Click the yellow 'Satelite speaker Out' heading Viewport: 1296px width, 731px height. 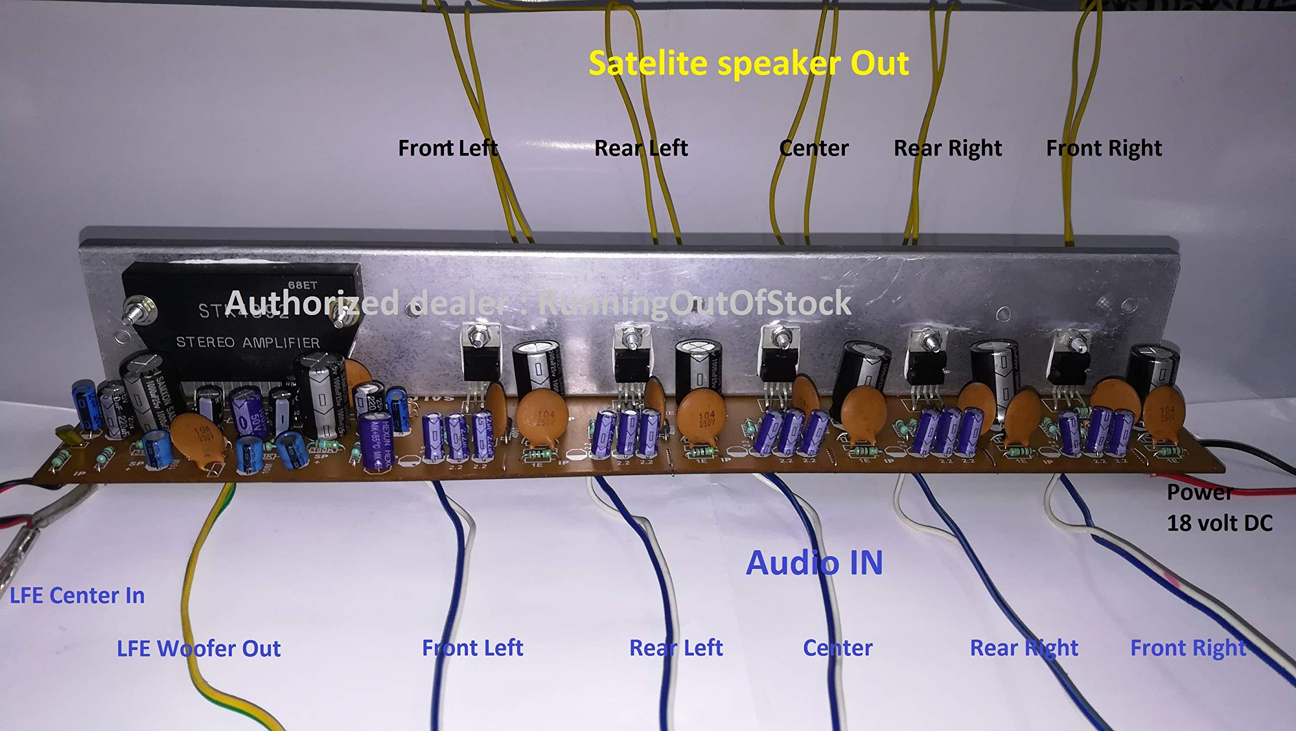pyautogui.click(x=749, y=64)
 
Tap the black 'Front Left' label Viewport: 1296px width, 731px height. pyautogui.click(x=448, y=148)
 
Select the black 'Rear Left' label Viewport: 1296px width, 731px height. pyautogui.click(x=640, y=148)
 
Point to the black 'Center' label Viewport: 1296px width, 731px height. pyautogui.click(x=814, y=148)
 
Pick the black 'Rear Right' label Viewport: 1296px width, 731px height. pyautogui.click(x=947, y=148)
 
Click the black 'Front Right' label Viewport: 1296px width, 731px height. pyautogui.click(x=1104, y=148)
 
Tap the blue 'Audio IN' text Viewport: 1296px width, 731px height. pyautogui.click(x=814, y=563)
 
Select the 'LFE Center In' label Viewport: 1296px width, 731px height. pyautogui.click(x=77, y=596)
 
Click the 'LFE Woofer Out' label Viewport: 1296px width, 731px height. pyautogui.click(x=198, y=649)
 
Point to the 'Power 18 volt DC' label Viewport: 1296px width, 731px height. pyautogui.click(x=1219, y=508)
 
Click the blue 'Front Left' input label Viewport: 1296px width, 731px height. pyautogui.click(x=472, y=648)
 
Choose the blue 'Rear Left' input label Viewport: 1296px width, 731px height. pyautogui.click(x=675, y=648)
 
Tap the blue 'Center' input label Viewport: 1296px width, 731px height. pyautogui.click(x=837, y=648)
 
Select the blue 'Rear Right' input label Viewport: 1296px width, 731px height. pyautogui.click(x=1024, y=648)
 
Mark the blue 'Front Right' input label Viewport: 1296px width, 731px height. pyautogui.click(x=1188, y=648)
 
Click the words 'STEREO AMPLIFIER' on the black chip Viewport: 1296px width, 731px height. pyautogui.click(x=248, y=343)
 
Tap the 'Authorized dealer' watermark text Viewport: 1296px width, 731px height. pyautogui.click(x=538, y=303)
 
